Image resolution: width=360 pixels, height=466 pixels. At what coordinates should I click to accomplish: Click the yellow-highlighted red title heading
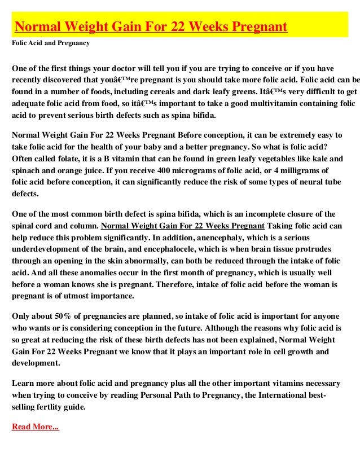coord(151,27)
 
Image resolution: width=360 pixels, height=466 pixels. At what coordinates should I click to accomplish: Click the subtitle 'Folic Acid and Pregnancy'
coord(51,42)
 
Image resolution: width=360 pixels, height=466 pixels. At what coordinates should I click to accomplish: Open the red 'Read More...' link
coord(35,427)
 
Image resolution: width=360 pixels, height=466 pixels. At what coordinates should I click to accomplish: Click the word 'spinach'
coord(28,170)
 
